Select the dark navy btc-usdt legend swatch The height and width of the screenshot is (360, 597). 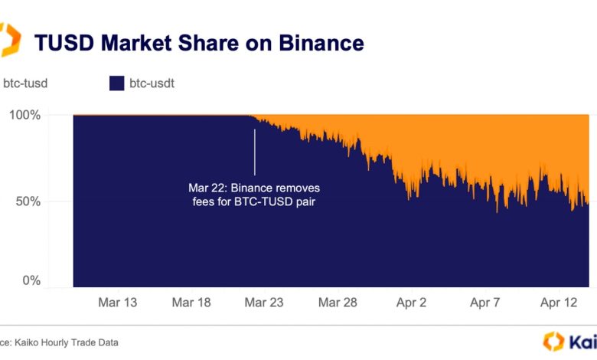(x=116, y=83)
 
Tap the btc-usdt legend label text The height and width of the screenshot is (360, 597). (x=152, y=83)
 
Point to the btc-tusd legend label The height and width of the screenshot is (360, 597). (x=24, y=83)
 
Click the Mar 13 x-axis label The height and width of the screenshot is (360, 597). (x=118, y=303)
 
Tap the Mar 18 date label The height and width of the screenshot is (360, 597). (x=191, y=303)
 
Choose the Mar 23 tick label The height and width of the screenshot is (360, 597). (x=264, y=303)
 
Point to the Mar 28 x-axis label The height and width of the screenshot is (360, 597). (x=338, y=303)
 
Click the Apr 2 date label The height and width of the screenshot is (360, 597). (x=411, y=303)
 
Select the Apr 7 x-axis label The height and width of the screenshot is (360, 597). (x=484, y=303)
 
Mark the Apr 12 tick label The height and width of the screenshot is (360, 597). (x=558, y=303)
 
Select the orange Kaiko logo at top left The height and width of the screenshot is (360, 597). (x=9, y=40)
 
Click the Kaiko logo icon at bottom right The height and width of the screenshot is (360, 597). (x=553, y=342)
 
